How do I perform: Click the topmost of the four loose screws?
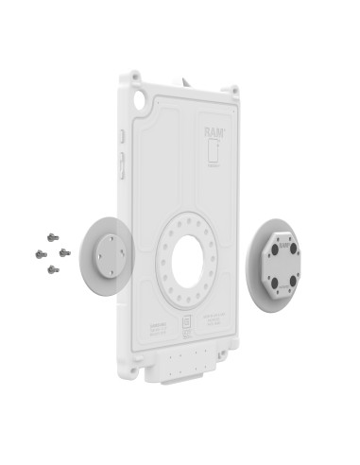pos(52,238)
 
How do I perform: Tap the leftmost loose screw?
pos(41,254)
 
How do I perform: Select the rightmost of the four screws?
pos(64,252)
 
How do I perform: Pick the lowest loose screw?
pos(52,269)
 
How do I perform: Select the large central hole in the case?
pos(188,256)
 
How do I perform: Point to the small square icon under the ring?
pos(187,323)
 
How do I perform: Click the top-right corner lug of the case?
pos(229,91)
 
